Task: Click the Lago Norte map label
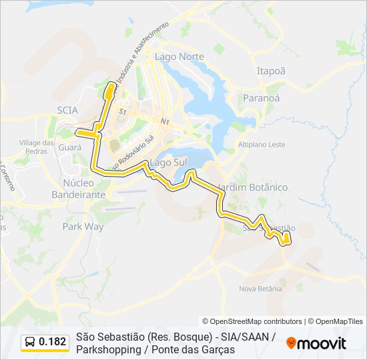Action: click(x=179, y=57)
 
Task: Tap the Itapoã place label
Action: click(x=271, y=71)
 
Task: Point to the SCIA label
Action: click(x=67, y=110)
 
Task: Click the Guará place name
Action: click(x=69, y=147)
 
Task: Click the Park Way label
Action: click(x=83, y=227)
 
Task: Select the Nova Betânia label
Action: click(x=260, y=289)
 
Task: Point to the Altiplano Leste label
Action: click(x=262, y=144)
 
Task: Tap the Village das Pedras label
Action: click(x=36, y=147)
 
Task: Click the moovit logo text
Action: click(x=322, y=343)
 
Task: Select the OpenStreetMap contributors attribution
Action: click(x=252, y=321)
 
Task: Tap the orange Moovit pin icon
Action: click(x=291, y=343)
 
